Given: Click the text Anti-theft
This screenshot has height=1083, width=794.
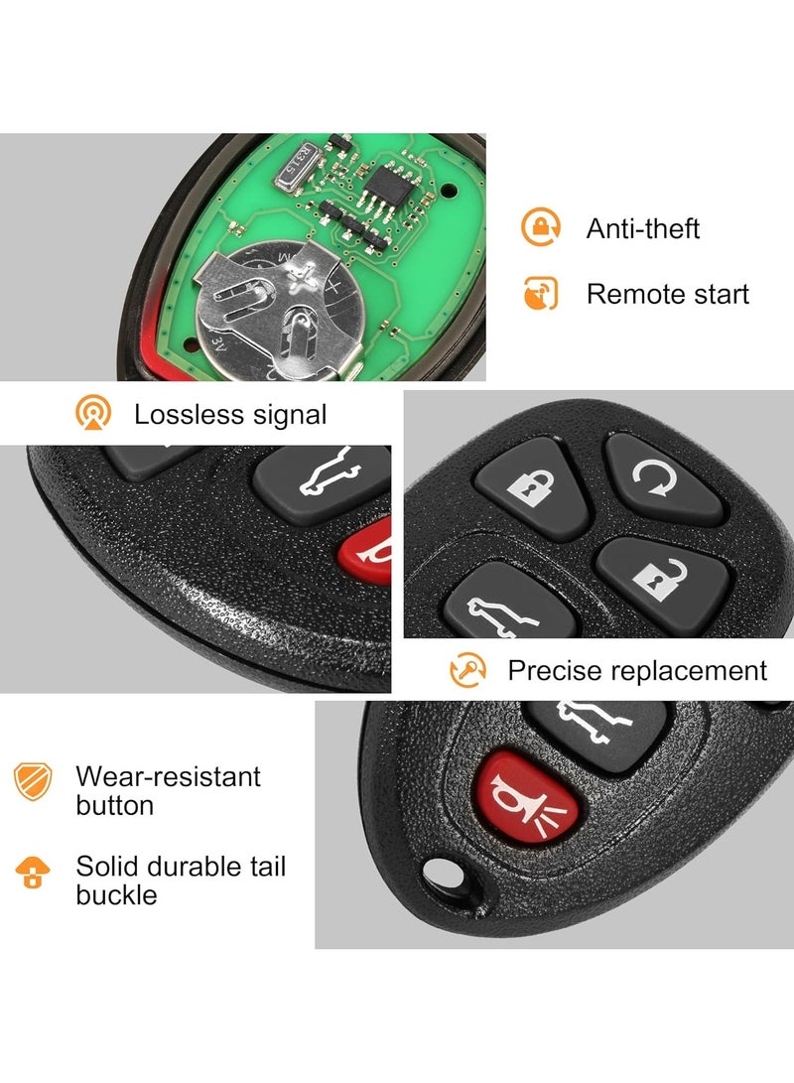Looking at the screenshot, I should tap(642, 228).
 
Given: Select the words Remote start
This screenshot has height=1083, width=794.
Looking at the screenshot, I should tap(667, 294).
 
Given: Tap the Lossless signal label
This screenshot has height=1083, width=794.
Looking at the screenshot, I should tap(230, 414).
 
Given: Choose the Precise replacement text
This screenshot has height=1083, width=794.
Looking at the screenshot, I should tap(637, 670).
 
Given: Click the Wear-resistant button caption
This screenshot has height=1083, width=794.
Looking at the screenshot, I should tap(168, 790).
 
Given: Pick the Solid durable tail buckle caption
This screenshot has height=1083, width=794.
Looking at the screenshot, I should tap(181, 880).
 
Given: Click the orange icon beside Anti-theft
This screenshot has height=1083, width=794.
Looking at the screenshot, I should tap(541, 228).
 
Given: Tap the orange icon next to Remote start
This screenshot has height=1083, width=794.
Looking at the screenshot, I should tap(541, 294).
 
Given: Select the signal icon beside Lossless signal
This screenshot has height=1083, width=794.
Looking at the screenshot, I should tap(93, 414).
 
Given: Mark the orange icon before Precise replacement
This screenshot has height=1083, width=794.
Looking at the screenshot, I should tap(467, 670).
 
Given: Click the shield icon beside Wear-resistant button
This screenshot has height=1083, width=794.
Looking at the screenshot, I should tap(32, 781).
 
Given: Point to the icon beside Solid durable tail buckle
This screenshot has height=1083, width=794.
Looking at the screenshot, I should tap(32, 872).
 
